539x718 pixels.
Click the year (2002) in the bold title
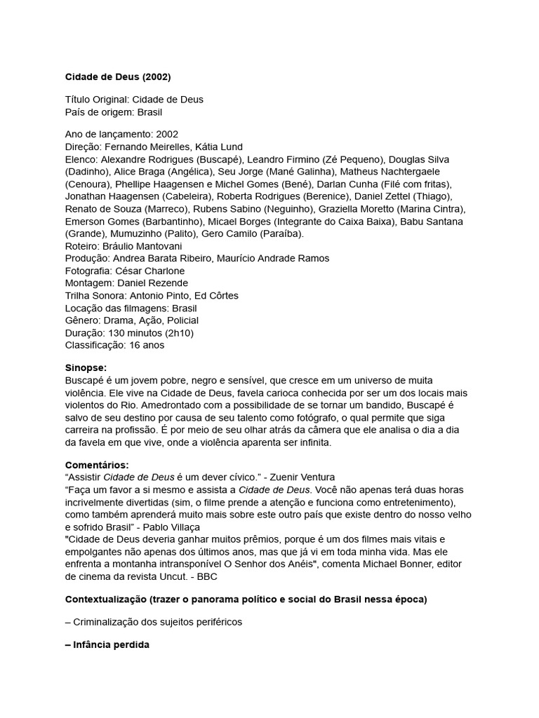(x=155, y=76)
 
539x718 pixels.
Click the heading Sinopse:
(x=86, y=367)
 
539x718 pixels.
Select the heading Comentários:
(x=98, y=464)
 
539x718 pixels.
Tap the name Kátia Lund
(x=219, y=147)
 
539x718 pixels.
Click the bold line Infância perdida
(x=111, y=644)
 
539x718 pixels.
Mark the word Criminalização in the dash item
(x=105, y=623)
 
